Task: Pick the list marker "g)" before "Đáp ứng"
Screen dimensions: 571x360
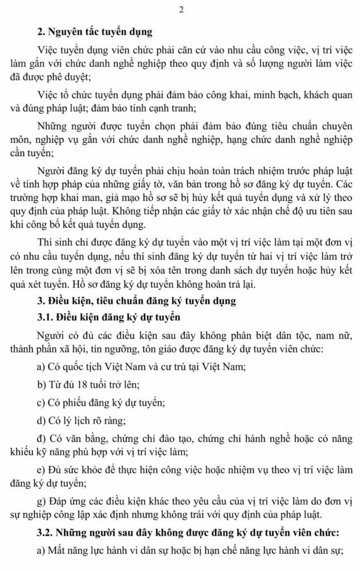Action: coord(41,500)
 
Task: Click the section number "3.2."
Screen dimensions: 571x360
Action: coord(45,533)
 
